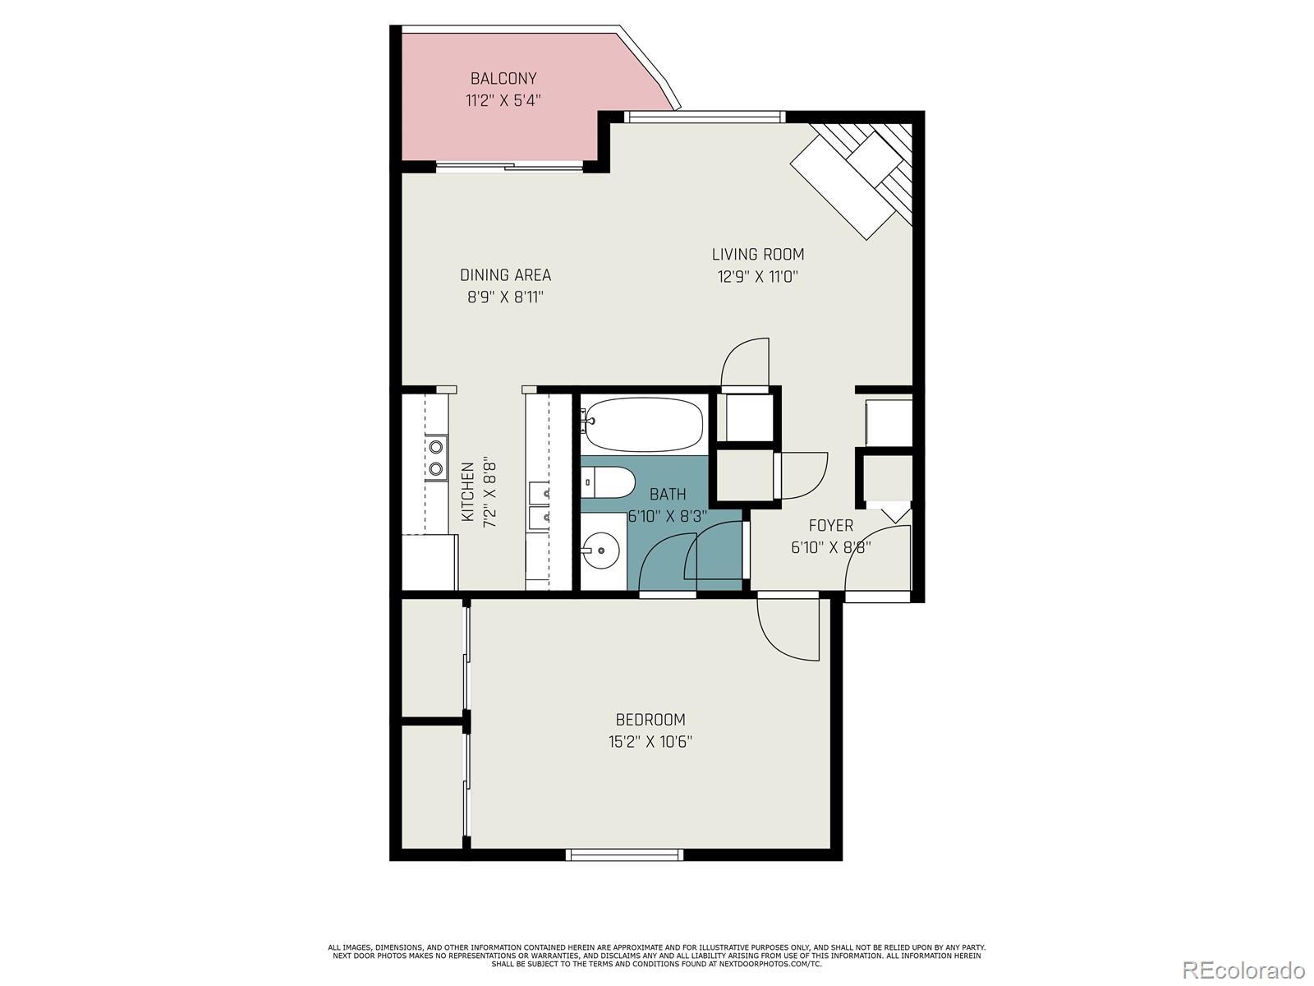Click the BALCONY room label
click(x=503, y=78)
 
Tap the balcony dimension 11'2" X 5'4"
click(x=503, y=100)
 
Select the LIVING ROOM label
click(x=758, y=255)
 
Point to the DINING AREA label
click(x=505, y=275)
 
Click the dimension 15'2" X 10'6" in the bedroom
click(x=650, y=742)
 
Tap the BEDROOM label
click(x=650, y=720)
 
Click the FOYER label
click(x=831, y=526)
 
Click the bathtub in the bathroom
click(x=644, y=424)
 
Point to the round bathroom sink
click(x=600, y=550)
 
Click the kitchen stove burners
click(x=436, y=458)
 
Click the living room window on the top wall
click(x=704, y=117)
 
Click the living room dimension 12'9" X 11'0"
click(x=758, y=277)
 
